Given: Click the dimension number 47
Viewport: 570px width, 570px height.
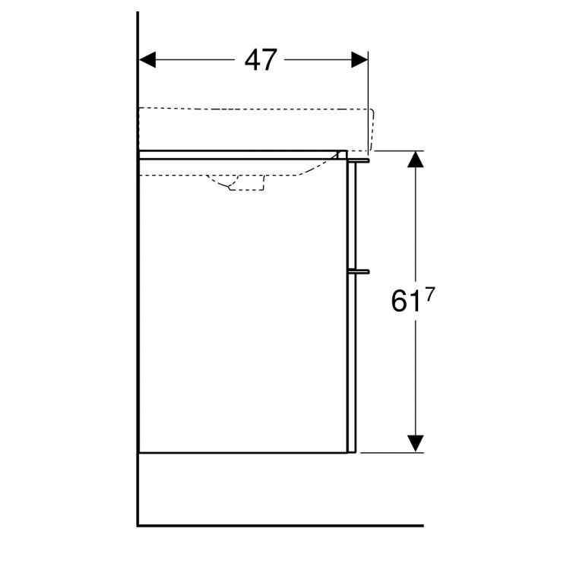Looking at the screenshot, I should [261, 60].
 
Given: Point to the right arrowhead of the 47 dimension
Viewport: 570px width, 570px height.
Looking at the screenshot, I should [359, 60].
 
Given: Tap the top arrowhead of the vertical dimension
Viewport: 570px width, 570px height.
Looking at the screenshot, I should [415, 160].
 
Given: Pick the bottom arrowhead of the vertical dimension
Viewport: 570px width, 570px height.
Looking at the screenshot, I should [415, 443].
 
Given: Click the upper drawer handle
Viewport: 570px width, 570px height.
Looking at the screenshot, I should [359, 160].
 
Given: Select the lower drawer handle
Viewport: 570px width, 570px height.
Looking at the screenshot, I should [359, 270].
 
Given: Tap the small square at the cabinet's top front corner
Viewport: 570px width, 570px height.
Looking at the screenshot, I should [343, 155].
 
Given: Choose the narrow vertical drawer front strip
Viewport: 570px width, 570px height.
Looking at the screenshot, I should [351, 304].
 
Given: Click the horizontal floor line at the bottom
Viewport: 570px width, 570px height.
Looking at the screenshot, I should [281, 525].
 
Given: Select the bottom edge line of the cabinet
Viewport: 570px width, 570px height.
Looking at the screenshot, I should [243, 453].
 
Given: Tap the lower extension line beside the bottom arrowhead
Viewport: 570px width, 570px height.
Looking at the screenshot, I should [391, 452].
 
